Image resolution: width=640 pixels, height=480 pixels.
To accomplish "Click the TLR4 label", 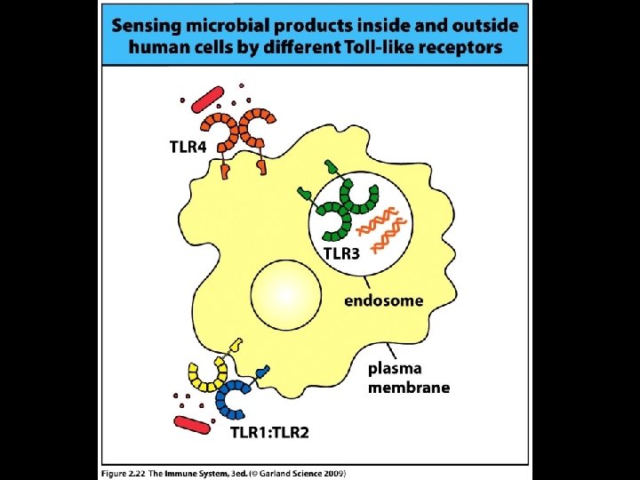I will pyautogui.click(x=188, y=147).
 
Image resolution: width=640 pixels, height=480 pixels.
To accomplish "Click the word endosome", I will pyautogui.click(x=384, y=300).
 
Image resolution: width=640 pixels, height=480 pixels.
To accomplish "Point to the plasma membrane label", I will pyautogui.click(x=409, y=378).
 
